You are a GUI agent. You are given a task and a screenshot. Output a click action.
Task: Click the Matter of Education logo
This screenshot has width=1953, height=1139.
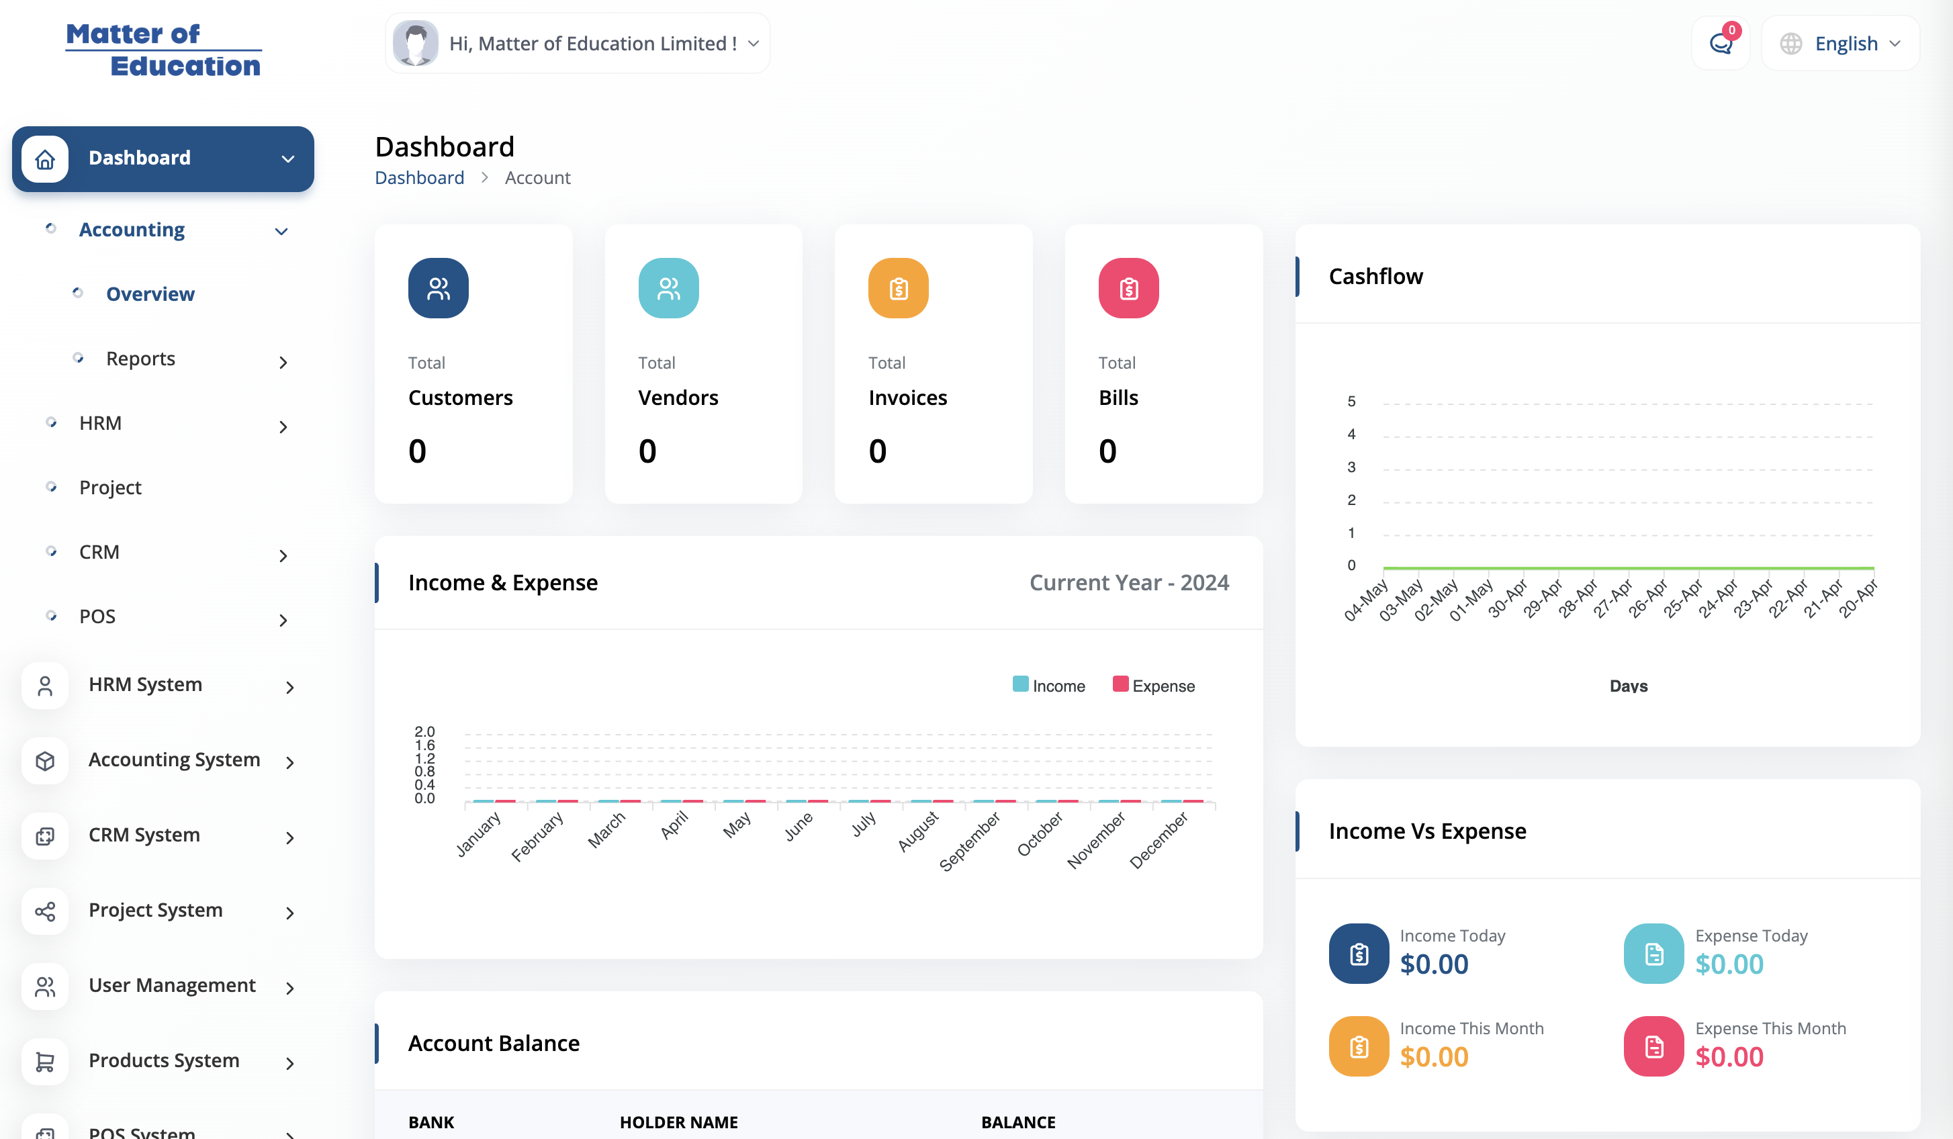(x=163, y=50)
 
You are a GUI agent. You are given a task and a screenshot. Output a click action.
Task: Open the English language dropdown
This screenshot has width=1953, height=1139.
(x=1840, y=44)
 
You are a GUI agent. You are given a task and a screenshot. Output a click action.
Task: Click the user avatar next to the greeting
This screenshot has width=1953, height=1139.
(x=416, y=44)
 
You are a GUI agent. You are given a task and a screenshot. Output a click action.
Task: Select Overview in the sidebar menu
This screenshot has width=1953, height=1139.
(x=150, y=294)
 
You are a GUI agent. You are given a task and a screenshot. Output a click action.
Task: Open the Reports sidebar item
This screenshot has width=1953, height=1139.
(x=140, y=359)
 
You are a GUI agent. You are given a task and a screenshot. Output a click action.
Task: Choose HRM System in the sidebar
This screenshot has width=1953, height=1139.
(x=145, y=685)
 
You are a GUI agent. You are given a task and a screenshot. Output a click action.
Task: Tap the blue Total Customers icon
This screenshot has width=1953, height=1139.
(x=438, y=288)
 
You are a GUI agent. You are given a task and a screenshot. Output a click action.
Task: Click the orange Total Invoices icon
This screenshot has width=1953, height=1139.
(x=898, y=288)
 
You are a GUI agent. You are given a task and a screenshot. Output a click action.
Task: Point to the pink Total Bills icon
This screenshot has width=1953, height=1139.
(x=1128, y=288)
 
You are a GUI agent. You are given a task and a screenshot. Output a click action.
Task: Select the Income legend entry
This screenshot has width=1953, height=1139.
(x=1048, y=686)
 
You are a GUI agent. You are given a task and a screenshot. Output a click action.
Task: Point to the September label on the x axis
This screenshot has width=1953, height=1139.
(x=970, y=841)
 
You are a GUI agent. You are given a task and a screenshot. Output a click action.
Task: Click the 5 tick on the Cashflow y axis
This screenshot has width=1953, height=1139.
(x=1352, y=402)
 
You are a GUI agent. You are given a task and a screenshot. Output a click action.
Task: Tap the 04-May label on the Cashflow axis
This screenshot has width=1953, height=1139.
(x=1365, y=600)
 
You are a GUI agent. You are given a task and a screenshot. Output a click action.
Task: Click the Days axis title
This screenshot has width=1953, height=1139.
(x=1628, y=686)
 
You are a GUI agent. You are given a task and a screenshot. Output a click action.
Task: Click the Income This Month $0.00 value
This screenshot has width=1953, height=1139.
(x=1434, y=1058)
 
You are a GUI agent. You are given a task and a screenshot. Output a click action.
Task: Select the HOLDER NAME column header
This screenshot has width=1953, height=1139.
(x=679, y=1122)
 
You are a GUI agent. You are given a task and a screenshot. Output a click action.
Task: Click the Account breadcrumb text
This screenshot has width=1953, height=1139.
(x=538, y=178)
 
